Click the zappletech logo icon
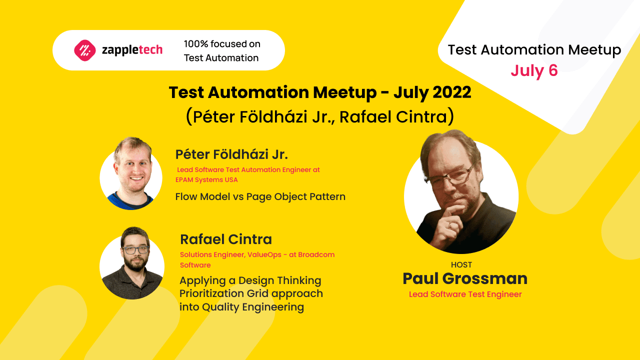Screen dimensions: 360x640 tap(84, 50)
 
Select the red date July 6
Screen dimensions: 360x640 tap(534, 70)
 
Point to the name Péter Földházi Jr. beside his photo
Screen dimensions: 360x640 tap(231, 154)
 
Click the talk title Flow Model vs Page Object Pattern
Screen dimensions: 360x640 tap(260, 196)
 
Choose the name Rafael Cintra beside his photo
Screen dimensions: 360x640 tap(226, 239)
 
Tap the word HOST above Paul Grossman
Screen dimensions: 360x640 tap(461, 265)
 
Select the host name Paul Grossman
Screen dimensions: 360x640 tap(464, 278)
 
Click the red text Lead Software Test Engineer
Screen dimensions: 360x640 tap(465, 294)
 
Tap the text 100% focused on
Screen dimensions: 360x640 tap(222, 44)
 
